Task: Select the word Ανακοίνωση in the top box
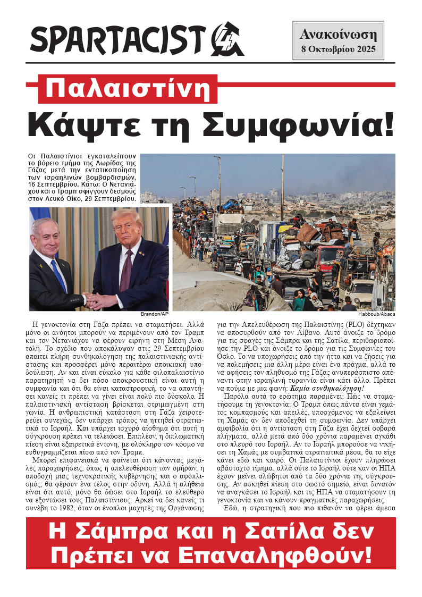[338, 36]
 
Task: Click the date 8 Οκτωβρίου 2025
[338, 51]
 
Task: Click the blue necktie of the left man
[58, 274]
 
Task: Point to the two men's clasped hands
[95, 301]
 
